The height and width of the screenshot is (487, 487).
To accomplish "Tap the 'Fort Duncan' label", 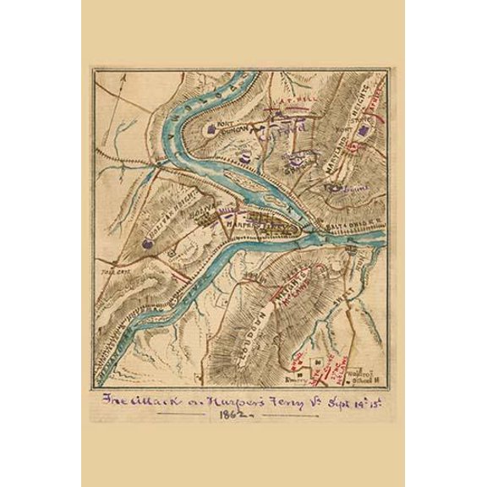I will pyautogui.click(x=230, y=126).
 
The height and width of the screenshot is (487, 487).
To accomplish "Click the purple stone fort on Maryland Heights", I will pyautogui.click(x=364, y=129).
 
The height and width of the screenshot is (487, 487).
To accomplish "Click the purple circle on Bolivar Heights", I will pyautogui.click(x=147, y=241).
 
